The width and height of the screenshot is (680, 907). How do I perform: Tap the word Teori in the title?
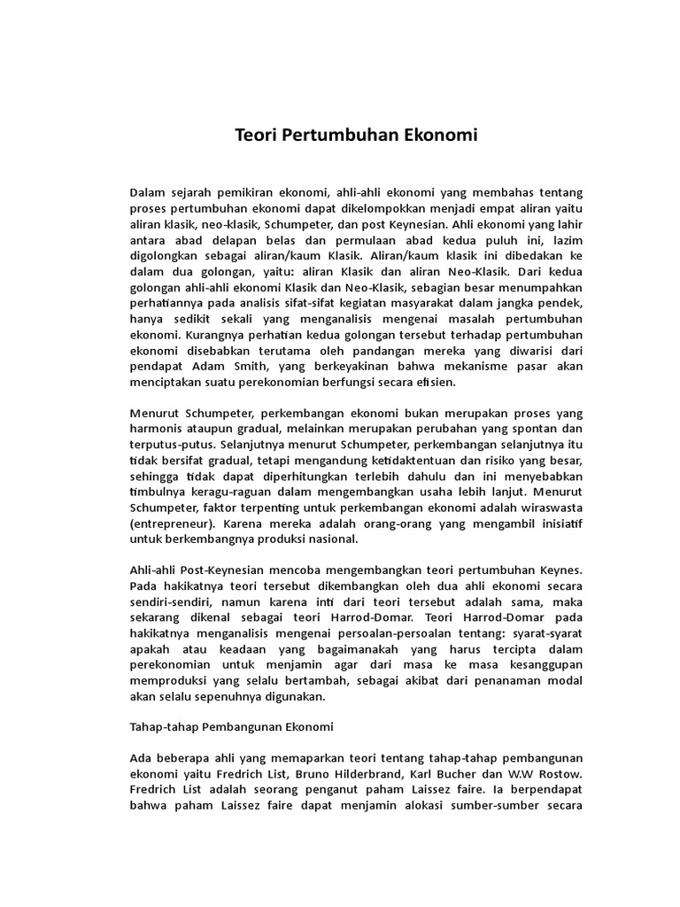(255, 136)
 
